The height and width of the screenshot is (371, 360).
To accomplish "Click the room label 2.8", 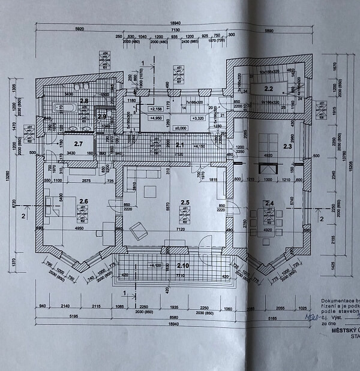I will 84,101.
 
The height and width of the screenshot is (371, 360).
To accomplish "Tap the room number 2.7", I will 78,144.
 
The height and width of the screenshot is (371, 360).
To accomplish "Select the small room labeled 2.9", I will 102,116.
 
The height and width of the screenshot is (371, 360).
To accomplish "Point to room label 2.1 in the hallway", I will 180,144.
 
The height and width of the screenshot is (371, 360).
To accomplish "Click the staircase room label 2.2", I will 269,89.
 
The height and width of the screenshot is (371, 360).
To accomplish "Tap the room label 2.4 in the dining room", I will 269,204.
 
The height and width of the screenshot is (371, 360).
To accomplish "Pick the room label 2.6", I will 83,201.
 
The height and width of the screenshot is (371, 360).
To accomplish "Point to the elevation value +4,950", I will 155,119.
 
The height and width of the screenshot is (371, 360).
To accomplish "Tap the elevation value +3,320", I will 197,119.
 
